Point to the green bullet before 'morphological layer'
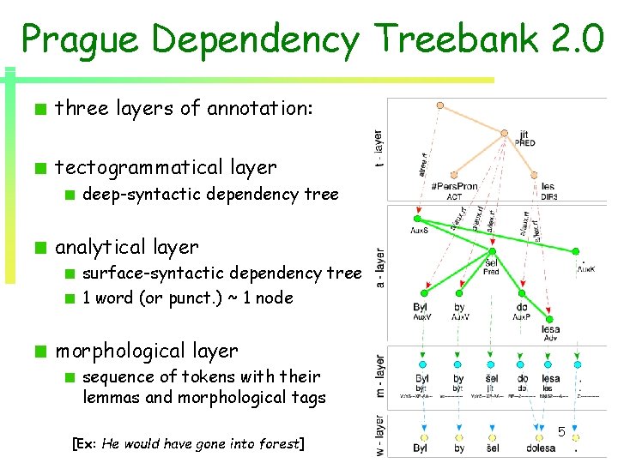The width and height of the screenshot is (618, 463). pyautogui.click(x=39, y=352)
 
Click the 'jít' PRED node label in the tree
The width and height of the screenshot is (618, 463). pyautogui.click(x=524, y=138)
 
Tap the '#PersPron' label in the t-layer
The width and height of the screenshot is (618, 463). pyautogui.click(x=454, y=187)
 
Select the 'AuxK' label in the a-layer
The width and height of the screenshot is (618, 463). pyautogui.click(x=585, y=268)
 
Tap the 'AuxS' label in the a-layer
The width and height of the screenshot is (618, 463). pyautogui.click(x=420, y=230)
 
